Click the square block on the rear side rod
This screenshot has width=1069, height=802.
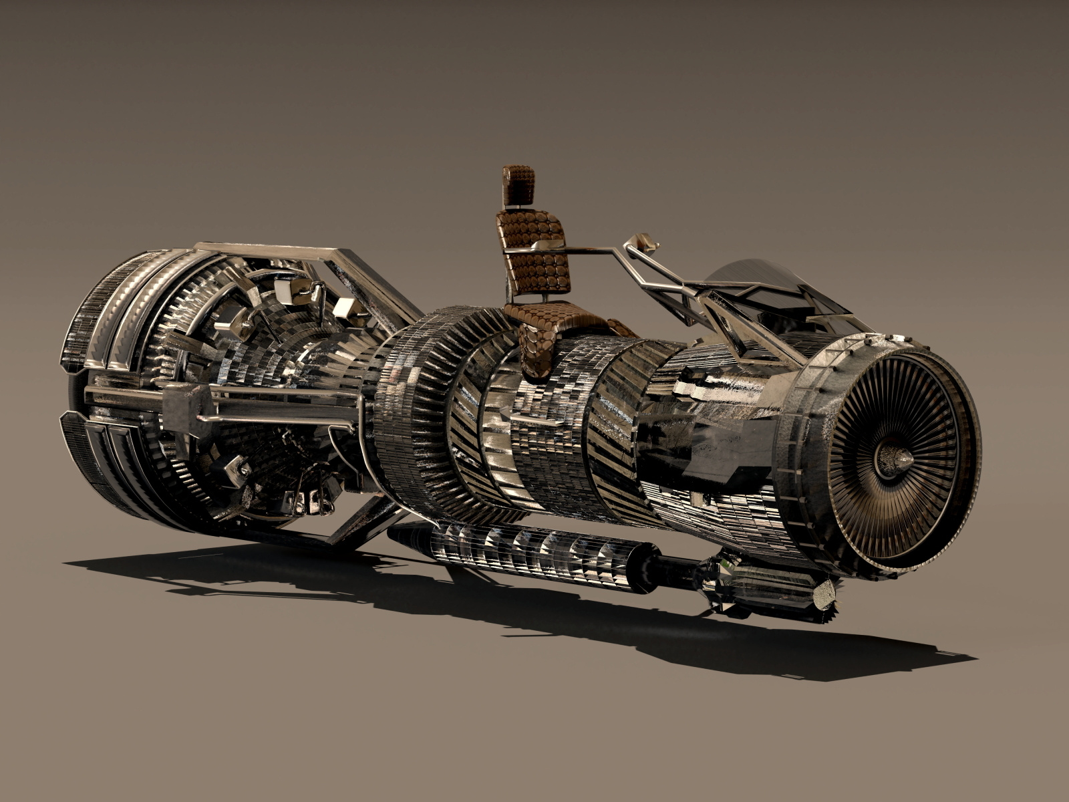point(186,408)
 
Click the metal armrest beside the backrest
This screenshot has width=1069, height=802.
point(548,247)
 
